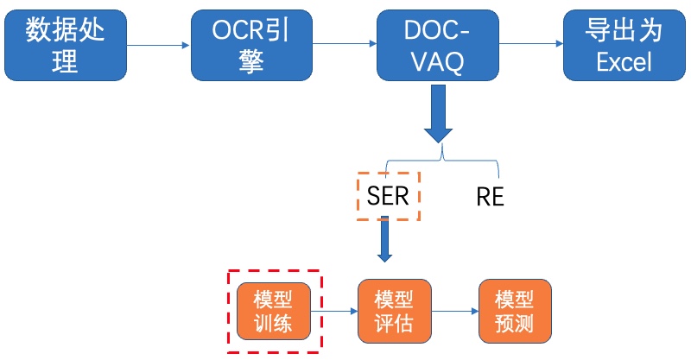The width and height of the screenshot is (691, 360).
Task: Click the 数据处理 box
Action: click(x=66, y=46)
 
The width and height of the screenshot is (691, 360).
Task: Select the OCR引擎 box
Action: click(x=251, y=46)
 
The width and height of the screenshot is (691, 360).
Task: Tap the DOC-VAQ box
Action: click(x=438, y=46)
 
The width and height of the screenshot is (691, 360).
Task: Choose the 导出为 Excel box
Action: click(x=624, y=46)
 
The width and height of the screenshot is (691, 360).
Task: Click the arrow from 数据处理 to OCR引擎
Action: click(x=158, y=45)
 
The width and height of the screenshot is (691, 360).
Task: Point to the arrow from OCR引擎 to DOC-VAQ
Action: click(x=345, y=44)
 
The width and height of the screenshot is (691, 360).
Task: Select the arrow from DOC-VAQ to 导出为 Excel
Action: click(x=531, y=44)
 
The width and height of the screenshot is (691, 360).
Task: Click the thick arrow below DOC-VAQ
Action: click(x=438, y=114)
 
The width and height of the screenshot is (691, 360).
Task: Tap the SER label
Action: click(x=388, y=196)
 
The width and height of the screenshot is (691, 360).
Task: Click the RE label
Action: click(x=490, y=197)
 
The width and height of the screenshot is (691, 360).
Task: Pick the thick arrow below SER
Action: click(x=384, y=239)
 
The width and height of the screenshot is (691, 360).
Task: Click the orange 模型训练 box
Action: click(x=274, y=312)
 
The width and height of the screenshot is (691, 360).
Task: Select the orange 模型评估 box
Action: click(x=395, y=311)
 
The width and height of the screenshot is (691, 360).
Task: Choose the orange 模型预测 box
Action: click(x=515, y=311)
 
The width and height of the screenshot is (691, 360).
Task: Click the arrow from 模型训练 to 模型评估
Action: click(x=334, y=312)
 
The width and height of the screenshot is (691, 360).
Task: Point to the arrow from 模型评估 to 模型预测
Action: click(x=455, y=311)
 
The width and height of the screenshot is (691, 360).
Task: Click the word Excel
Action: click(x=624, y=61)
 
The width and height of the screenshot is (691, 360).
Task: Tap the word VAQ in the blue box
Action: click(x=438, y=62)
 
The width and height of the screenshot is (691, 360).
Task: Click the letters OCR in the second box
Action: click(x=237, y=30)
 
